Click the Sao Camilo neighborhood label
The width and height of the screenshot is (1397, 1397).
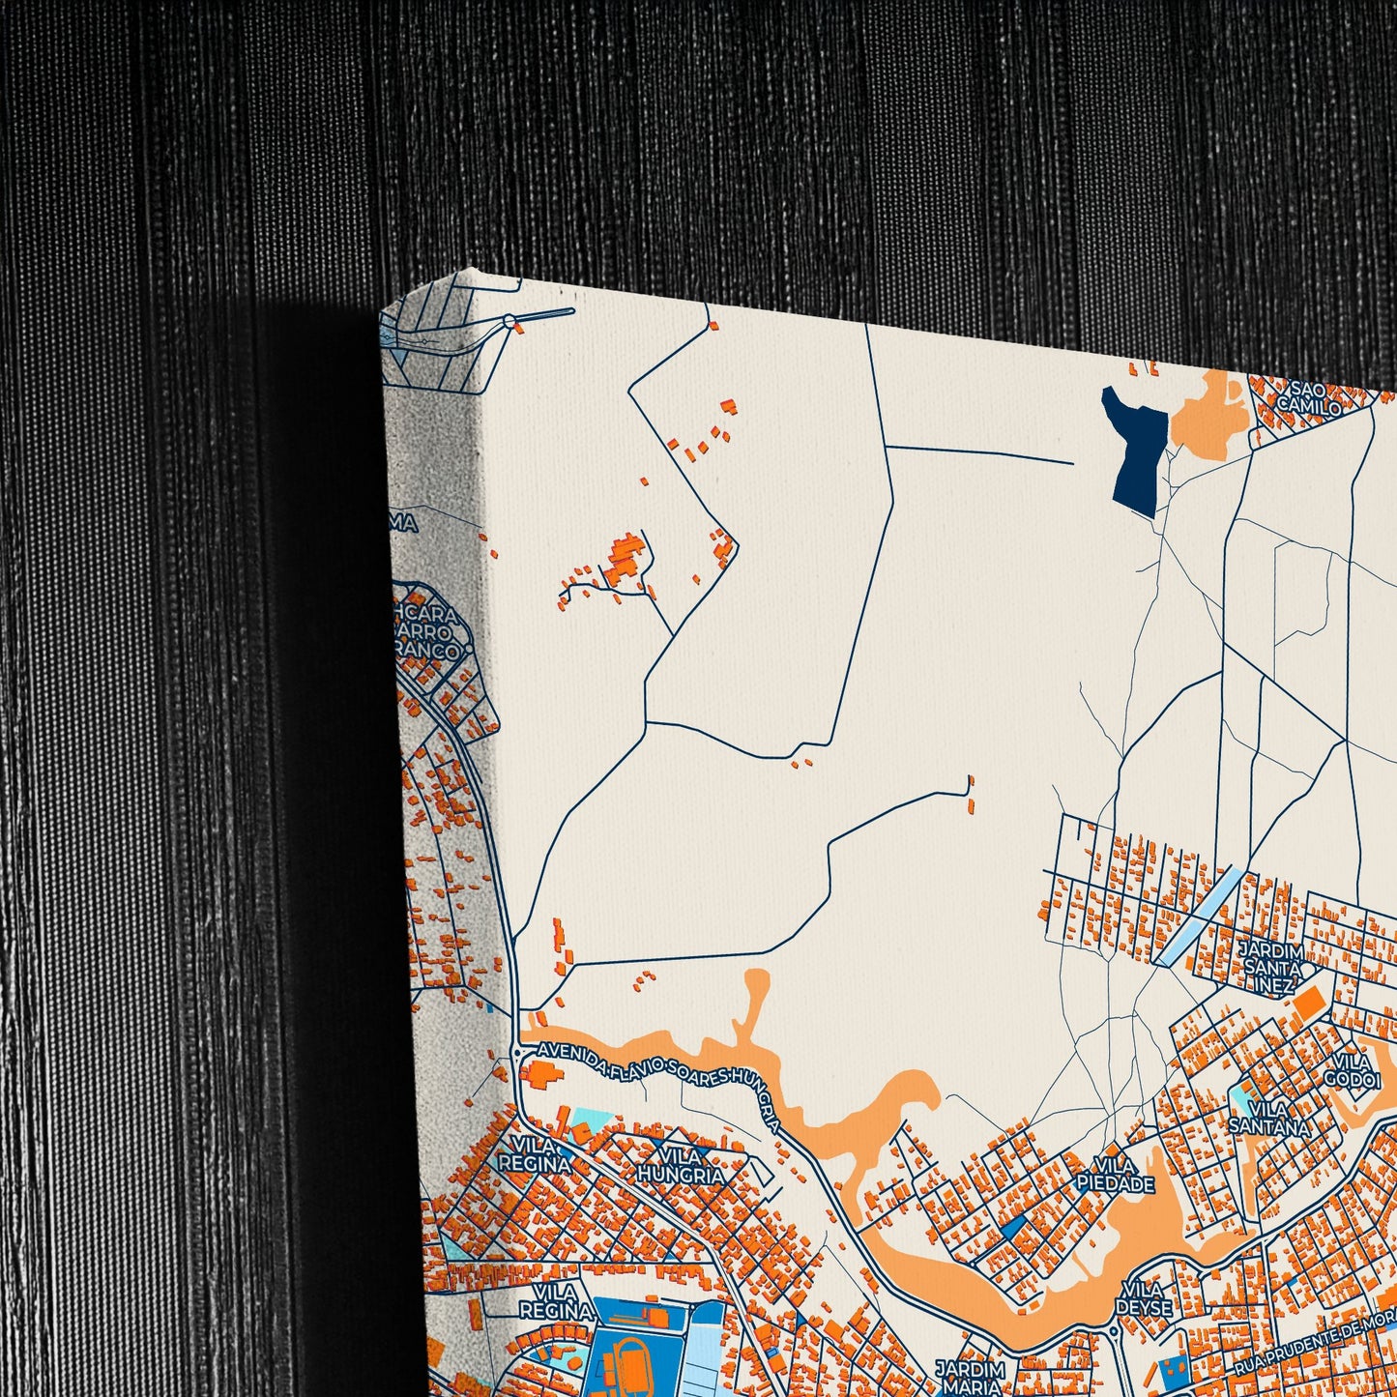(x=1309, y=398)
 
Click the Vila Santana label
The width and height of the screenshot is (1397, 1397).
(x=1268, y=1118)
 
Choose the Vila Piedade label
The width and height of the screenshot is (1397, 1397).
(x=1114, y=1175)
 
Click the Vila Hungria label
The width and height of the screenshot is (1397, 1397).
(x=681, y=1166)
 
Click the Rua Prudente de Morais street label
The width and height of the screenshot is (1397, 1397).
(x=1315, y=1340)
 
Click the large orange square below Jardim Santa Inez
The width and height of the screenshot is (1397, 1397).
(x=1308, y=1003)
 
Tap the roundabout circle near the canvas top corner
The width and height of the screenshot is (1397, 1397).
(x=509, y=321)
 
